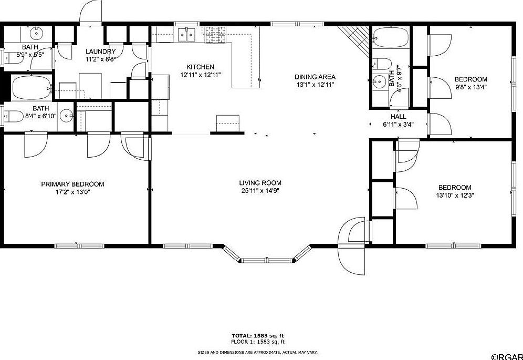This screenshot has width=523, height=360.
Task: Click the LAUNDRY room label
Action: [101, 51]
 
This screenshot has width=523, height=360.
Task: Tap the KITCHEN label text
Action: [200, 67]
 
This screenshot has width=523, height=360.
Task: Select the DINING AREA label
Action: [315, 77]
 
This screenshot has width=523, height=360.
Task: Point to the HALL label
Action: [399, 116]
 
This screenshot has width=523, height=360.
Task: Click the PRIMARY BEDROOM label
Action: [72, 184]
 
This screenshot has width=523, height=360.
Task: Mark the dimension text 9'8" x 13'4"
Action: [470, 87]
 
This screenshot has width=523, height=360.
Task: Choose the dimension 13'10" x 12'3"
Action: [455, 195]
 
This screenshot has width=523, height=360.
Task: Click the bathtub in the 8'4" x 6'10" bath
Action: [31, 88]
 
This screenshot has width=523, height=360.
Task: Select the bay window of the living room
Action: [266, 256]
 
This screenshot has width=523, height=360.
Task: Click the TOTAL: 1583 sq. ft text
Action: [258, 335]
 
